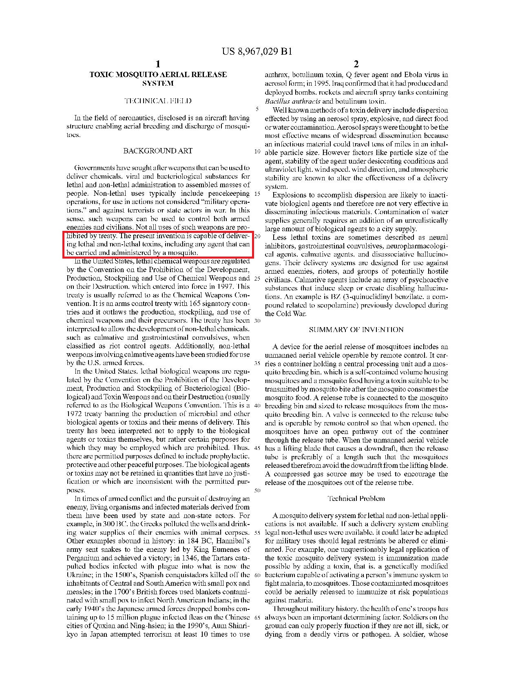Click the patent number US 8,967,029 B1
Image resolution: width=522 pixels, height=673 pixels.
tap(257, 51)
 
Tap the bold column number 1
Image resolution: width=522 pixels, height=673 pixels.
tap(158, 64)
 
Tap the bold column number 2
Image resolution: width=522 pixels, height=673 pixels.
tap(356, 64)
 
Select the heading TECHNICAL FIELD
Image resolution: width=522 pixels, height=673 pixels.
tap(158, 101)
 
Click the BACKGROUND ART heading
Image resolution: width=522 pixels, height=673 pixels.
tap(158, 151)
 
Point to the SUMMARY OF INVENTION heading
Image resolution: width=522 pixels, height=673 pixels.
tap(356, 330)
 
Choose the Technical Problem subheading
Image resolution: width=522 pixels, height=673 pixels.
tap(356, 498)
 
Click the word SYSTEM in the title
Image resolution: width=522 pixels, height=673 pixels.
tap(158, 84)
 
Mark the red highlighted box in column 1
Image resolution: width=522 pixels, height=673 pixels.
tap(158, 244)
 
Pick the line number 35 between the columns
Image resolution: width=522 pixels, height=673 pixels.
tap(257, 363)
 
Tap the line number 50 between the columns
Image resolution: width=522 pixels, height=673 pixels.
tap(257, 491)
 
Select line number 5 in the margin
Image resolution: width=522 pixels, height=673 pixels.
tap(257, 109)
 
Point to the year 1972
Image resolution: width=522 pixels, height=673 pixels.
tap(75, 414)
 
